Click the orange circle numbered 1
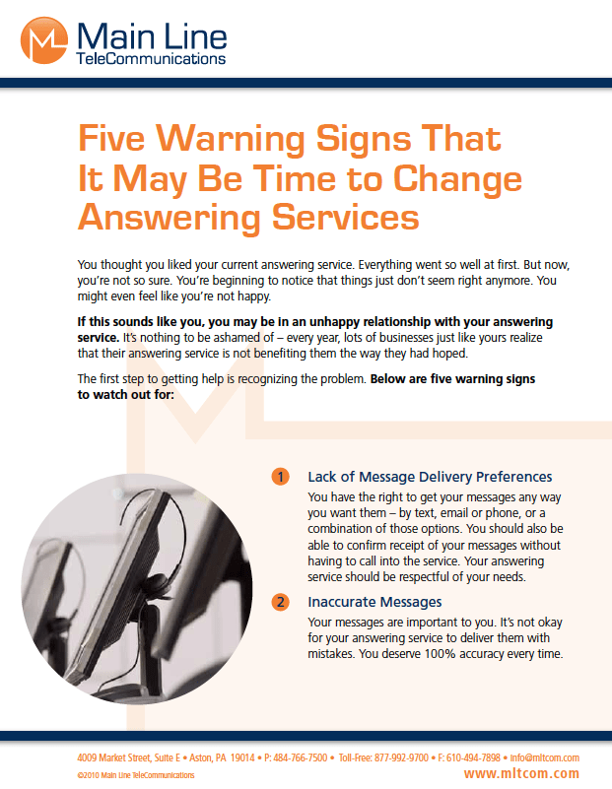281,477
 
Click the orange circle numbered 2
281,601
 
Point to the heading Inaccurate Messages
374,601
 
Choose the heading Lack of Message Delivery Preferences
430,477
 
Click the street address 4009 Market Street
115,757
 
